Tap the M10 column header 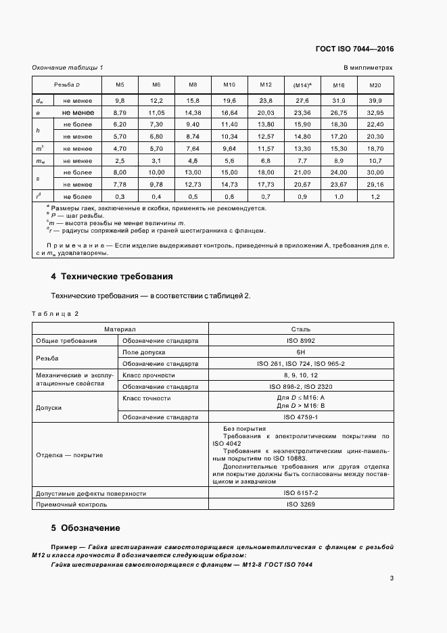point(229,85)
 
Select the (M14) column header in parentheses point(302,85)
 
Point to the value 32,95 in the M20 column point(375,112)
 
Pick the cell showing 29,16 point(375,184)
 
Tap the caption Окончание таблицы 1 point(68,68)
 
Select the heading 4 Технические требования point(112,277)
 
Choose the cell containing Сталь point(301,329)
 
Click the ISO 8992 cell point(301,341)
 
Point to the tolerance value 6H point(301,352)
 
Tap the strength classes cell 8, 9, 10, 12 point(301,375)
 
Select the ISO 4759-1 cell point(301,417)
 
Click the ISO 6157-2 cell point(301,493)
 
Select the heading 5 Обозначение point(86,527)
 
